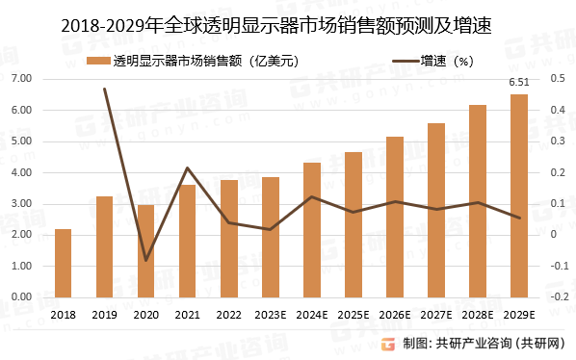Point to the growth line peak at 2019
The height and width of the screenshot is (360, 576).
[x=104, y=89]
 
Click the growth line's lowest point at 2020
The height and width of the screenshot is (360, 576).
[x=145, y=260]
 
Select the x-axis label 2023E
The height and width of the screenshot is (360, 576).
[x=270, y=315]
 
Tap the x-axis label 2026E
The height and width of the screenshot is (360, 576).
[x=394, y=315]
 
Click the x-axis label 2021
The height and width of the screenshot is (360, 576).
[x=187, y=315]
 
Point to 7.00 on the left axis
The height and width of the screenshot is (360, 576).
[x=20, y=79]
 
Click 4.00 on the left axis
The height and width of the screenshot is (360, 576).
[x=20, y=172]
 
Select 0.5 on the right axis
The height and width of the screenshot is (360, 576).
[x=557, y=79]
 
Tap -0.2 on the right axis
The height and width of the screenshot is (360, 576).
[x=557, y=296]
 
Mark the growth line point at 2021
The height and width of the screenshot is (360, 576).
[x=187, y=168]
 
